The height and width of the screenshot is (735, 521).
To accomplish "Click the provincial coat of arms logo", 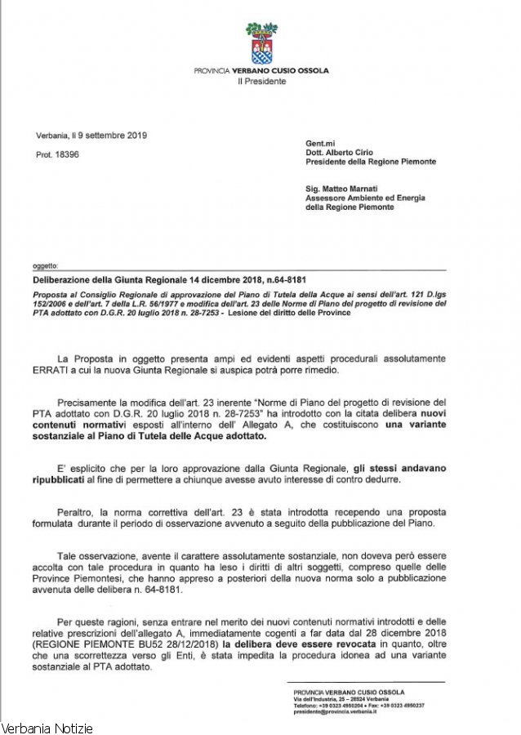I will [261, 43].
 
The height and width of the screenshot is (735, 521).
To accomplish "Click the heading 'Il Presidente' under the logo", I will [261, 81].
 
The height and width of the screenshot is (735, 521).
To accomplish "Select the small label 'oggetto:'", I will [45, 265].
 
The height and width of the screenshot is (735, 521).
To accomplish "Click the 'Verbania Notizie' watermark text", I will [47, 727].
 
